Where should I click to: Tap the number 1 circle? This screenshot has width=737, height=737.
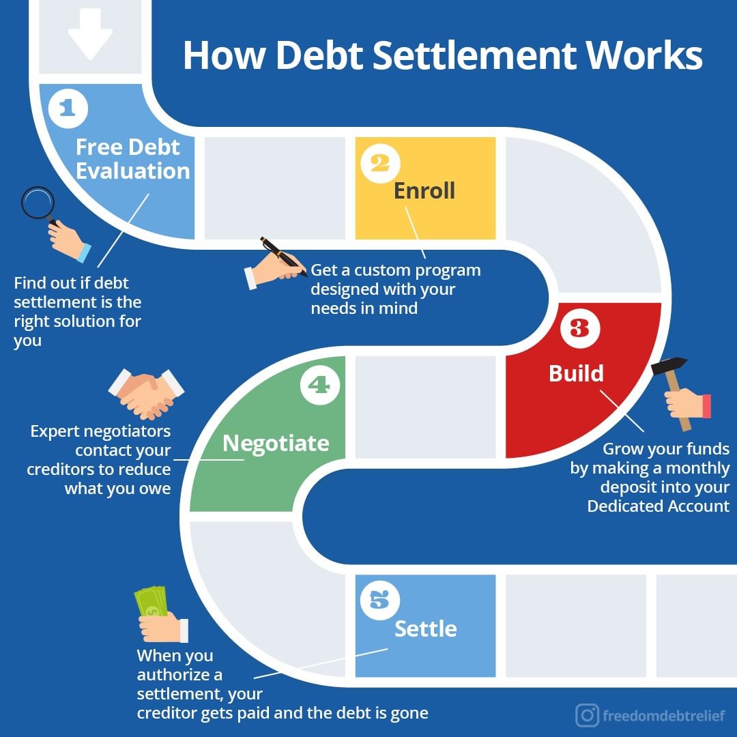pos(68,109)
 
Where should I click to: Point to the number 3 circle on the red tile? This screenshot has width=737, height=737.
pos(579,328)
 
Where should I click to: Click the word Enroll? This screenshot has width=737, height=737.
pos(424,191)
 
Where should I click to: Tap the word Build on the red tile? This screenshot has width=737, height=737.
pos(577,373)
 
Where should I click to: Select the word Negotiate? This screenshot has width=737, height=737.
pos(276,444)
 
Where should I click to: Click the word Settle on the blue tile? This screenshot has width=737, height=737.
pos(426,628)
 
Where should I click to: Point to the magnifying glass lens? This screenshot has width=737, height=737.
pos(37,203)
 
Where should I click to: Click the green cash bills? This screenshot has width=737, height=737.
pos(151,601)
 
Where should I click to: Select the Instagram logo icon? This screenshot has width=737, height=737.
pos(587,715)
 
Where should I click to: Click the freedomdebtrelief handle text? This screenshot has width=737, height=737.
pos(663,716)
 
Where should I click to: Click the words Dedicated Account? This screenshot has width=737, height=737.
pos(658,506)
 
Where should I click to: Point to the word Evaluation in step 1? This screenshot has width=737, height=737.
pos(133,171)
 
